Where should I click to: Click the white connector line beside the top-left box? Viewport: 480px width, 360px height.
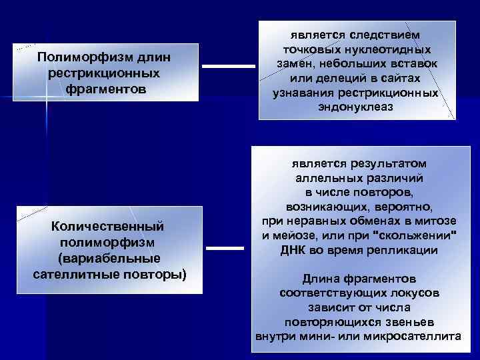[228, 66]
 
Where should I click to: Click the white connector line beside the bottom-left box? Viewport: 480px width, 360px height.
[226, 248]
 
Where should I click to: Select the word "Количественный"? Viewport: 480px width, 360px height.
[107, 227]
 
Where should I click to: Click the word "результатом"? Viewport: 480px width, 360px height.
[387, 163]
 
